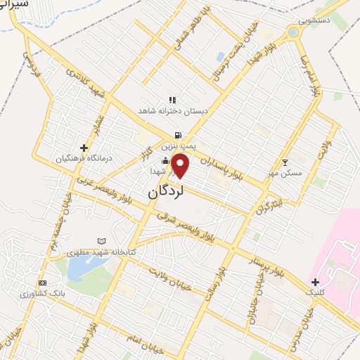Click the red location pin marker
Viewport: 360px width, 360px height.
pos(181,167)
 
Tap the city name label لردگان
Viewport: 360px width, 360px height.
pos(166,192)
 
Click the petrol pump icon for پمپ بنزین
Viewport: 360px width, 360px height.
pos(179,135)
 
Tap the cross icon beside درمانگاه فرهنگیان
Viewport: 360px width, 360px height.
pos(84,148)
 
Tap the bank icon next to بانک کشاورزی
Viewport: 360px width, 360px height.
pos(42,283)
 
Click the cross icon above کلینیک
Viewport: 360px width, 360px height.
pos(315,281)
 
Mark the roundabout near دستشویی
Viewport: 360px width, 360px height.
pos(293,32)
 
